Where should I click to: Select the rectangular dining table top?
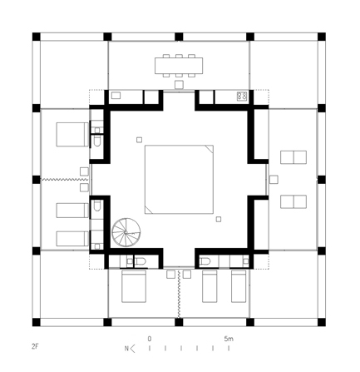[179, 66]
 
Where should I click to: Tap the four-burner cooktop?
[242, 96]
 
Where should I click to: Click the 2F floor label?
[35, 346]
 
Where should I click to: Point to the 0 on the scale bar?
[150, 339]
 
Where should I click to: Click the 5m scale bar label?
[229, 339]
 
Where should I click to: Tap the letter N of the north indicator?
[126, 349]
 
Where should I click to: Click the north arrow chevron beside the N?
[132, 349]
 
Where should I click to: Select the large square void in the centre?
[179, 179]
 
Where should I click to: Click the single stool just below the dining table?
[179, 85]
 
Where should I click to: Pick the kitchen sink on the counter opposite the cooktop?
[116, 96]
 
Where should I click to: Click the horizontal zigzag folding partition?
[65, 180]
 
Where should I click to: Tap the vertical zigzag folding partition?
[179, 294]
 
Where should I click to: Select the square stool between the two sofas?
[274, 180]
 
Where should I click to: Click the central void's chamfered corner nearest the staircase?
[149, 210]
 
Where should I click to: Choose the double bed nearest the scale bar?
[134, 286]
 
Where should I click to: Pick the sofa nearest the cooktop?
[293, 157]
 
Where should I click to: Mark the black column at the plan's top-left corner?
[37, 37]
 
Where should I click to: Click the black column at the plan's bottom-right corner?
[322, 322]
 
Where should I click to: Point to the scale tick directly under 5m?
[229, 348]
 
